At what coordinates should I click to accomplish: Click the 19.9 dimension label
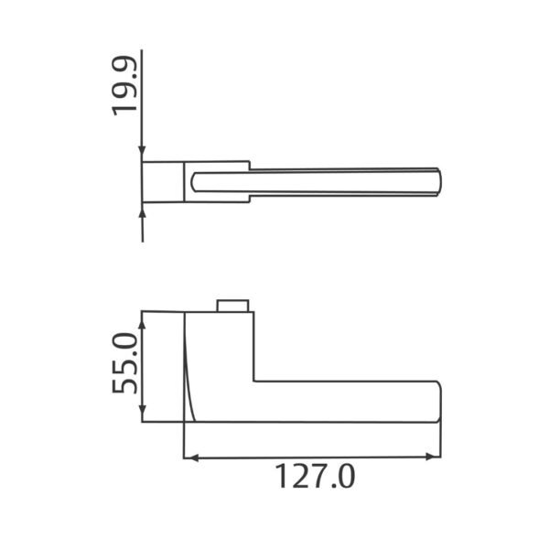(124, 86)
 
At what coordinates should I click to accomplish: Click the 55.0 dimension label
(124, 363)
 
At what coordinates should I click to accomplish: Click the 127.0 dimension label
(315, 476)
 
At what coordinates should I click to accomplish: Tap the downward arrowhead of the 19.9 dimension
(142, 151)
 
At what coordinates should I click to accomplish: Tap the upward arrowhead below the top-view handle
(142, 213)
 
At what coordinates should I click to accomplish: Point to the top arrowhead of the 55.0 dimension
(142, 324)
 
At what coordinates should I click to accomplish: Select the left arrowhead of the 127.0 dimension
(191, 457)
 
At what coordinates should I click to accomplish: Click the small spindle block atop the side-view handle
(232, 306)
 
